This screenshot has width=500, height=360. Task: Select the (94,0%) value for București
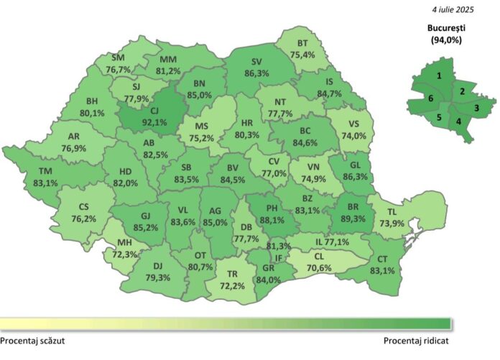click(x=446, y=41)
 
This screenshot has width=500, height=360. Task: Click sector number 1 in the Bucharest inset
click(x=438, y=75)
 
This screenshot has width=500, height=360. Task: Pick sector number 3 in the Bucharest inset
click(x=476, y=108)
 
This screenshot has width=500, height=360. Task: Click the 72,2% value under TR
click(x=232, y=285)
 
